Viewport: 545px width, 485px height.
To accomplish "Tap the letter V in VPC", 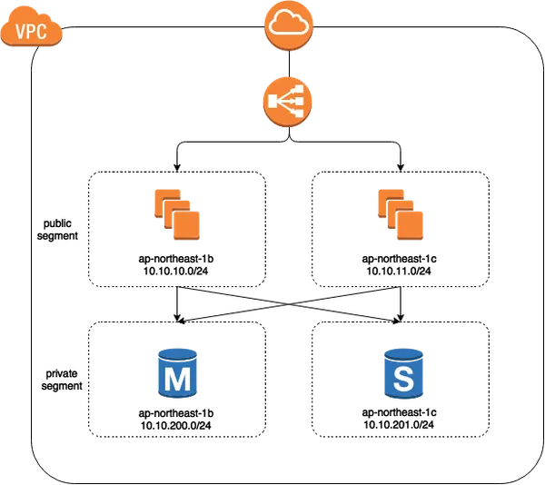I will click(x=21, y=33).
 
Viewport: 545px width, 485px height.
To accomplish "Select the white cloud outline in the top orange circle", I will click(x=288, y=24).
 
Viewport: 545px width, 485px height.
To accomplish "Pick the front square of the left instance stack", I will click(x=187, y=224).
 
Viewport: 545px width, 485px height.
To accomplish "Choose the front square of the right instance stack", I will click(x=411, y=223).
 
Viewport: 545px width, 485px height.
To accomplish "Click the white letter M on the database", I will click(x=177, y=379).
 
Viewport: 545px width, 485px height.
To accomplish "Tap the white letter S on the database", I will click(x=403, y=379).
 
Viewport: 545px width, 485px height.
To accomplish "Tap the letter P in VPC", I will click(x=31, y=33).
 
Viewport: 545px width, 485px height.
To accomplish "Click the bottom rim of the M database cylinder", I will click(x=178, y=397).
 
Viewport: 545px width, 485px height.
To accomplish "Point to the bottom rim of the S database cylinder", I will click(x=403, y=397).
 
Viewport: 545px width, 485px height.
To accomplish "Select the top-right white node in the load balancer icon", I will click(x=298, y=92).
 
